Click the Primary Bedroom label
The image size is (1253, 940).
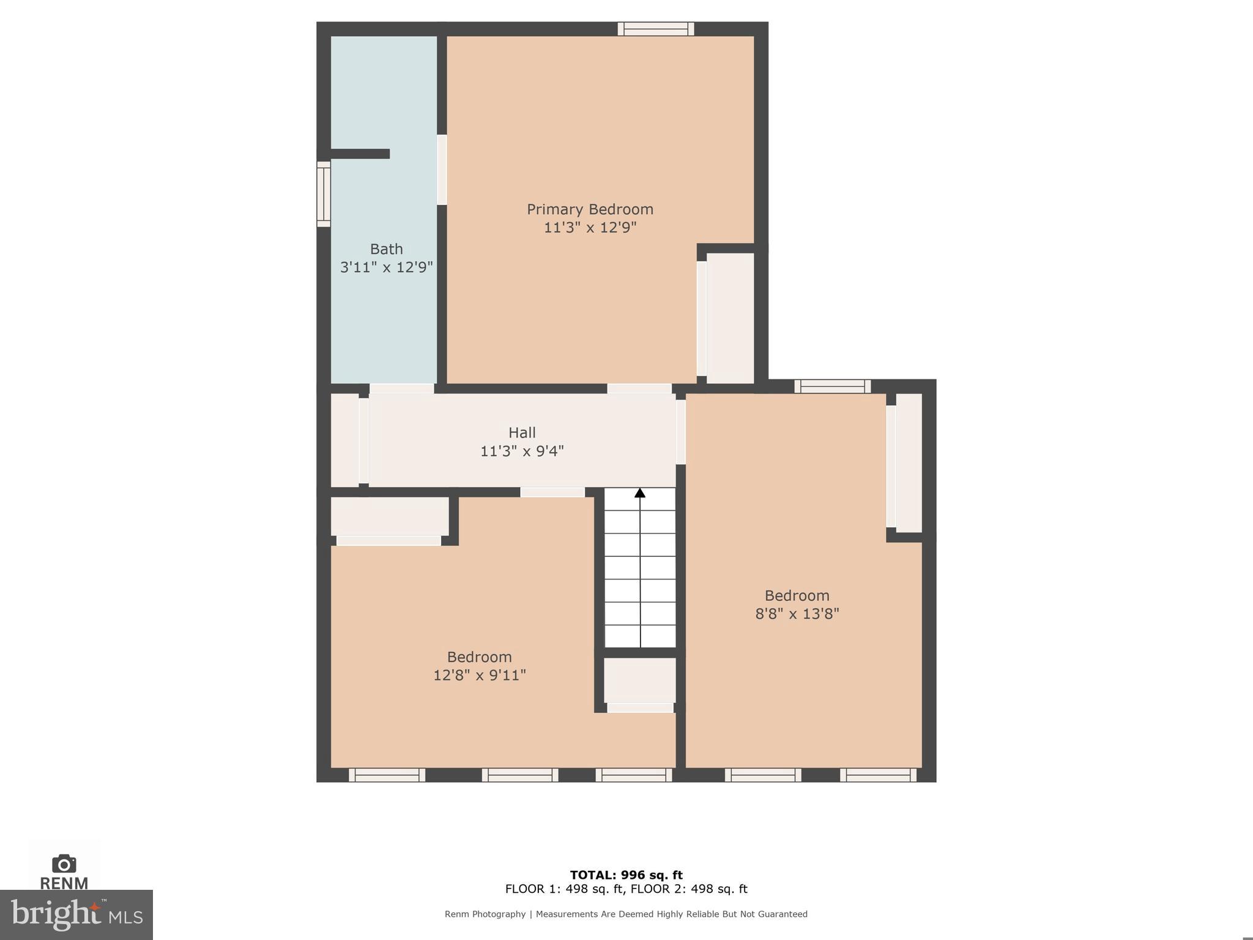tap(590, 209)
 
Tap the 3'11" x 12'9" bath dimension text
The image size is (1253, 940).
tap(386, 267)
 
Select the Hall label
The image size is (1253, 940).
tap(522, 433)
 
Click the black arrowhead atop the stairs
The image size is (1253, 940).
tap(640, 493)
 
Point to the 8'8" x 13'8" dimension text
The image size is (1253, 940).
tap(797, 614)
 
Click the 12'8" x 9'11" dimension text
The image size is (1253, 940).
tap(479, 675)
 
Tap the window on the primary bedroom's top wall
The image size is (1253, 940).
tap(655, 29)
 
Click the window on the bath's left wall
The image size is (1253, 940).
tap(323, 194)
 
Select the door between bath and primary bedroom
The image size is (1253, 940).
tap(442, 170)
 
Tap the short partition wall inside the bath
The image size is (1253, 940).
tap(360, 154)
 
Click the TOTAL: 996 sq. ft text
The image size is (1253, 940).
tap(626, 875)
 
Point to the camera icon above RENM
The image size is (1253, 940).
tap(64, 864)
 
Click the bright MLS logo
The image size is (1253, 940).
tap(76, 914)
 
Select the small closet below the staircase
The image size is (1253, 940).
tap(640, 680)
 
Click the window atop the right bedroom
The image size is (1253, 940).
tap(832, 386)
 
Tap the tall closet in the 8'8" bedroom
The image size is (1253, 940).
tap(909, 463)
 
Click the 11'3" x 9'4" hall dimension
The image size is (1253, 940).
tap(522, 451)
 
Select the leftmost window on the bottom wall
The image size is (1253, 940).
tap(387, 775)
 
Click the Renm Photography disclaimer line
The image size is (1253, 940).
tap(626, 914)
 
